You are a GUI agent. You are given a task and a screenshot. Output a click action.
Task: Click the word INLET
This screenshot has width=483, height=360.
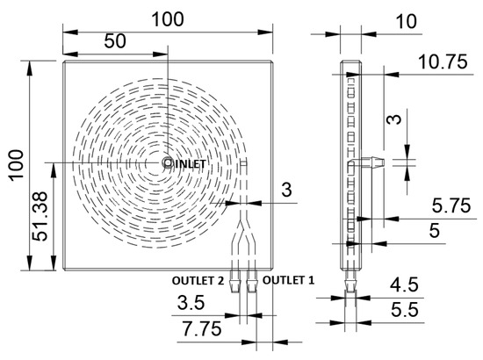[191, 163]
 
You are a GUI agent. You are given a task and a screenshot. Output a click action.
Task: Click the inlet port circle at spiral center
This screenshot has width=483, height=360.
[167, 162]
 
